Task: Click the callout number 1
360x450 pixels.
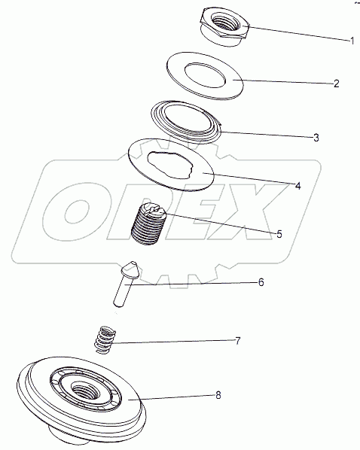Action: click(352, 41)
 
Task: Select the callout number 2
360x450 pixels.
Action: click(336, 84)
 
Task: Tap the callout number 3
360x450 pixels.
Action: click(316, 138)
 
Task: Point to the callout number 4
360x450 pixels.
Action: click(298, 186)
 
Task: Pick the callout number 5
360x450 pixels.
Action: click(279, 234)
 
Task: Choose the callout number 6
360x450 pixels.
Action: click(261, 282)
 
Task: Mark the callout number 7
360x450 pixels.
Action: click(237, 341)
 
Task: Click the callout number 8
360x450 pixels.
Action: click(218, 396)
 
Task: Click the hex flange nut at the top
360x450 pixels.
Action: click(224, 26)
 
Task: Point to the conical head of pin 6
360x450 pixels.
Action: click(131, 269)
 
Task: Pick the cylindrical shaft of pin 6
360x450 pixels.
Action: click(122, 293)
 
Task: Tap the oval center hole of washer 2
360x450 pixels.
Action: click(205, 75)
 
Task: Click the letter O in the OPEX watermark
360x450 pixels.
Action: click(75, 211)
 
